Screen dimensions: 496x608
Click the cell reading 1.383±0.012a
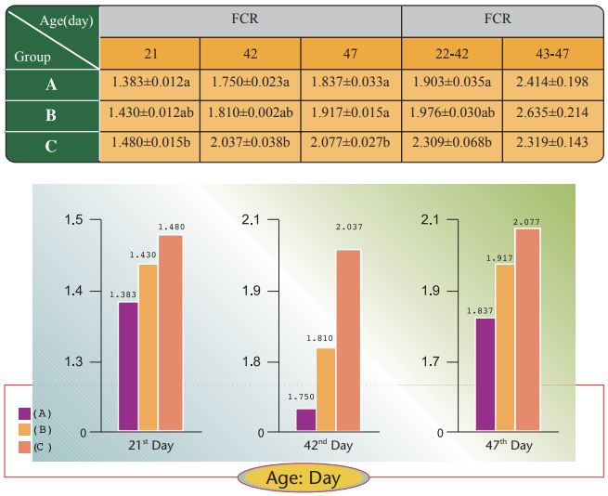[149, 83]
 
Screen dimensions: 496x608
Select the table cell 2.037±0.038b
[250, 144]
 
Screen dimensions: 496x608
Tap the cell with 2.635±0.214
[552, 113]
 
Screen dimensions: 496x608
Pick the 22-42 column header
[452, 52]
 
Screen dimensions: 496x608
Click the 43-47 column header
[552, 52]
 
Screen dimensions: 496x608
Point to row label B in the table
[51, 115]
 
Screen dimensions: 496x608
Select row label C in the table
[51, 146]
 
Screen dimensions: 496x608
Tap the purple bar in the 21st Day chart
[128, 366]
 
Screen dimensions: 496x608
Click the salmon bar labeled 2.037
[348, 339]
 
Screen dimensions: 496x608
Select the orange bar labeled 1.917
[505, 347]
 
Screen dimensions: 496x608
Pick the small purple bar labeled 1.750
[305, 420]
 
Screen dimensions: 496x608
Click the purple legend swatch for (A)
[24, 412]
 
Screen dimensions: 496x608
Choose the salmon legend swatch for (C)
[24, 448]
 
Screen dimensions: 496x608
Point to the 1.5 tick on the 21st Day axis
[73, 220]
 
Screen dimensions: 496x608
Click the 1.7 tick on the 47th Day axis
[428, 361]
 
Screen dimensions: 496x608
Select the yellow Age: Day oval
[304, 478]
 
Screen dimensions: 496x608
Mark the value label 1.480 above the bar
[172, 227]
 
